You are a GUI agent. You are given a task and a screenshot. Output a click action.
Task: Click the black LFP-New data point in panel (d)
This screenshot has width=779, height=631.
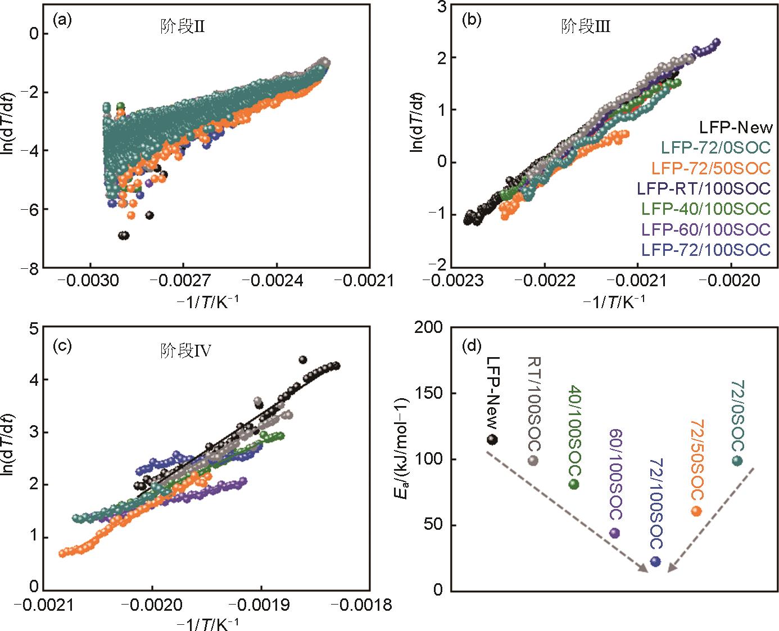(x=492, y=439)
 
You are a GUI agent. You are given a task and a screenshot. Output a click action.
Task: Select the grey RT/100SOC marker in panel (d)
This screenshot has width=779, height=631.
(x=533, y=461)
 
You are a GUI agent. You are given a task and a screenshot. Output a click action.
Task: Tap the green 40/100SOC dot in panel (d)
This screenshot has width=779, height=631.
(x=574, y=484)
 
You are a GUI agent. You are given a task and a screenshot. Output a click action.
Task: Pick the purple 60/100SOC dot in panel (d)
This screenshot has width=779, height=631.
(x=614, y=533)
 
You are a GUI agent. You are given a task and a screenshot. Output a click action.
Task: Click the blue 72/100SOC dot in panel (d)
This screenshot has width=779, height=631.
(x=655, y=561)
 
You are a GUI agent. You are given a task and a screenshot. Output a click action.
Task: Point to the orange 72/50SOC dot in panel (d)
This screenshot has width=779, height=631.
(x=696, y=511)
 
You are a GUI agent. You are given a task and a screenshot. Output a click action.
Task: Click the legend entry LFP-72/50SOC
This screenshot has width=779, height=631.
(x=711, y=168)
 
